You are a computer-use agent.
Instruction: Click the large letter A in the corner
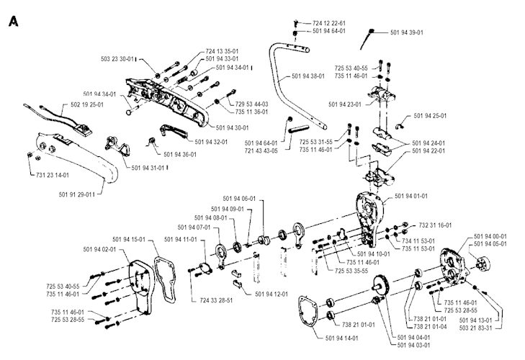coord(12,21)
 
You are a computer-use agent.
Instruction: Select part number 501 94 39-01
coord(407,32)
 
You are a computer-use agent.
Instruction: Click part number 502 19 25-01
coord(86,105)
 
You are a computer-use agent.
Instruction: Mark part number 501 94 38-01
coord(310,76)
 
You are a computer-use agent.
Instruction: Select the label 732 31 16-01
coord(434,225)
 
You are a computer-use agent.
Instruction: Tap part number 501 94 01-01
coord(412,196)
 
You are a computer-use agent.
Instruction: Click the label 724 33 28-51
coord(215,299)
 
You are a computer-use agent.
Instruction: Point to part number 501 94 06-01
coord(241,198)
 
